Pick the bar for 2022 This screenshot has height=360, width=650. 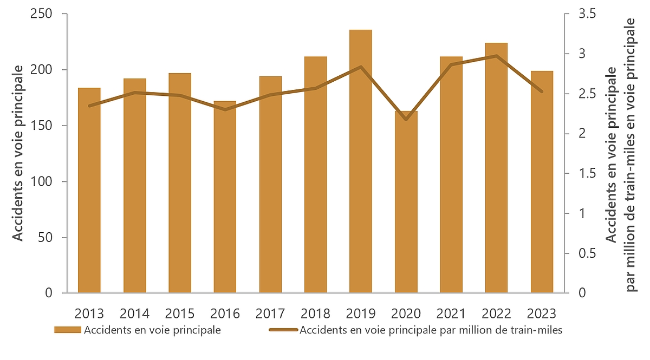[496, 168]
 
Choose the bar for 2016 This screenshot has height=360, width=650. [225, 197]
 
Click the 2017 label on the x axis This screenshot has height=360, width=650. [270, 313]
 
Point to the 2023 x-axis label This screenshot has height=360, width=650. [542, 313]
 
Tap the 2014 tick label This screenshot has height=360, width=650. [134, 313]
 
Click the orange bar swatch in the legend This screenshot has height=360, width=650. [67, 330]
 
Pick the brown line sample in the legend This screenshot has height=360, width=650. [283, 330]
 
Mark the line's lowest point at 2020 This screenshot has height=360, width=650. [406, 119]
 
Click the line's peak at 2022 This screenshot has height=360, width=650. [496, 56]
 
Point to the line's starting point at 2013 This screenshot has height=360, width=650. [89, 106]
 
